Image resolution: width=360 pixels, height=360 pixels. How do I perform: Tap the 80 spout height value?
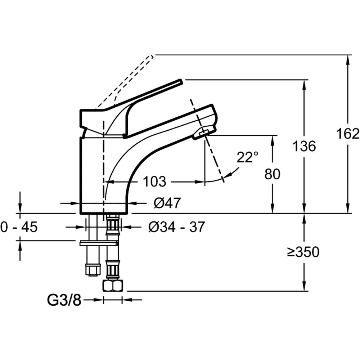272,174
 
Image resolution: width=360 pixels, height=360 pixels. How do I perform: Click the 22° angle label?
247,157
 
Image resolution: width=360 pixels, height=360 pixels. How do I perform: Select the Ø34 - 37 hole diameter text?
176,227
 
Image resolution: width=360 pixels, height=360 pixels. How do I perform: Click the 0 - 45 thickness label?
19,227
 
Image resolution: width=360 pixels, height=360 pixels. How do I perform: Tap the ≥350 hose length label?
303,252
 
